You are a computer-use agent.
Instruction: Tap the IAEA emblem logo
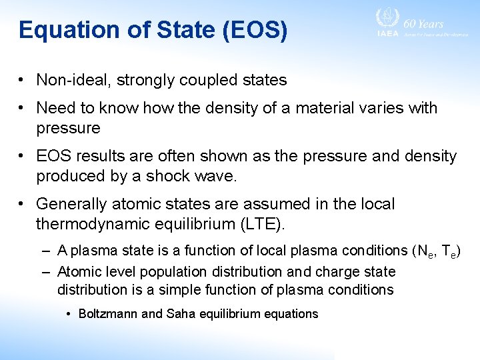point(387,19)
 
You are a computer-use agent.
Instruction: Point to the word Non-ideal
point(73,81)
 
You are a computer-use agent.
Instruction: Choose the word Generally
point(73,204)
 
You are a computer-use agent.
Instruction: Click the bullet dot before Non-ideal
point(23,81)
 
